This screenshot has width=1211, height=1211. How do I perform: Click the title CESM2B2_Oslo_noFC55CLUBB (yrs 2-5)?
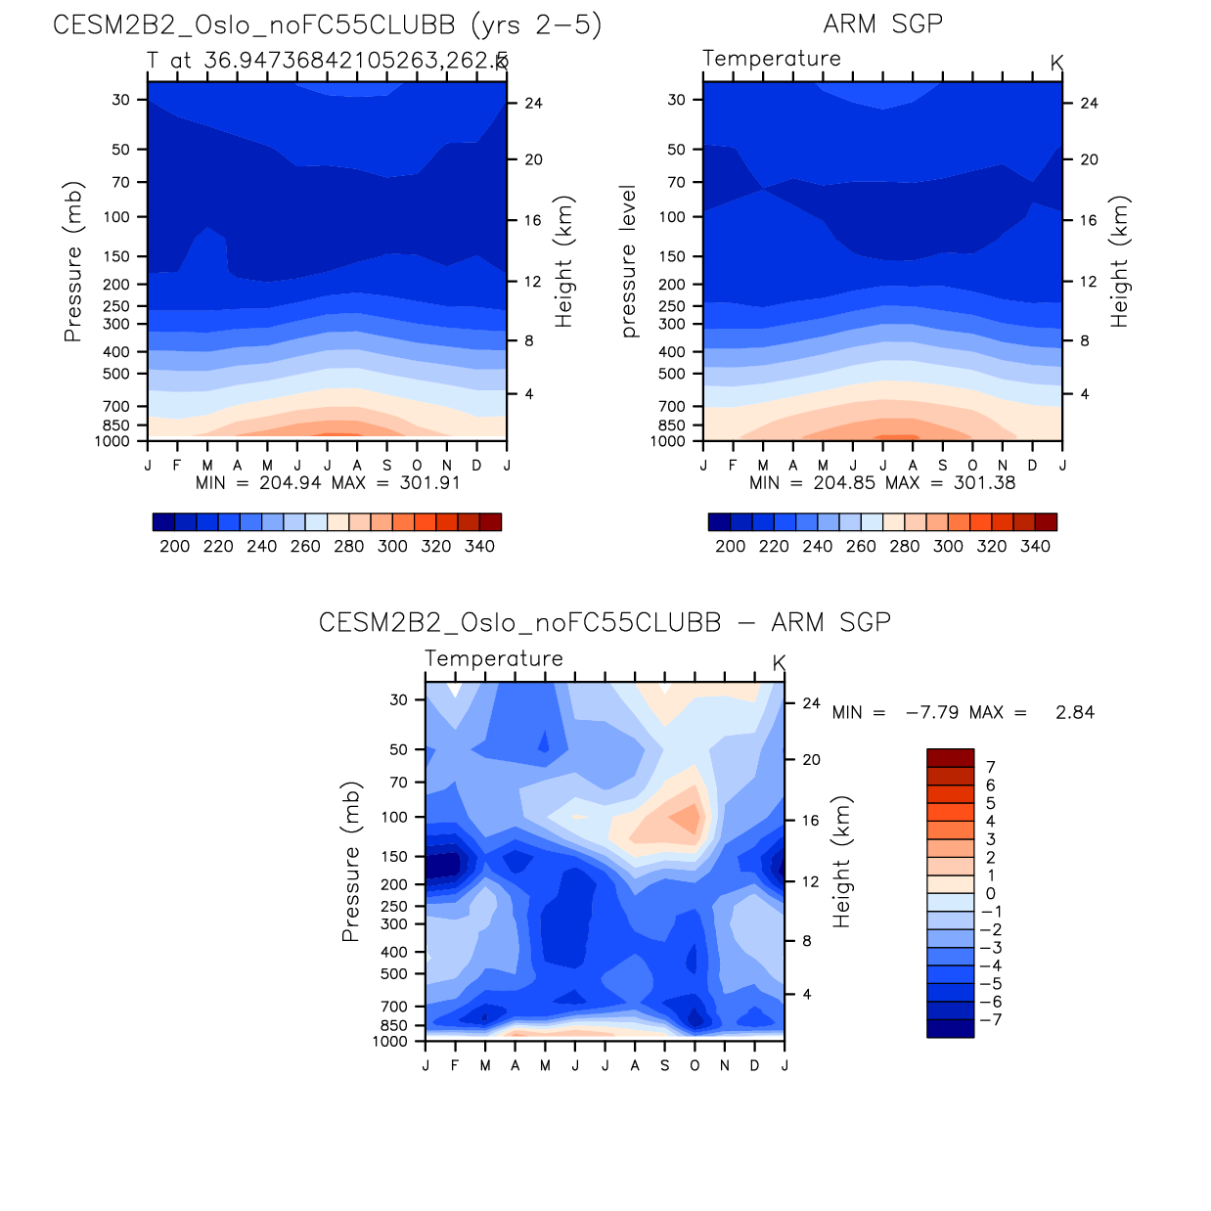tap(327, 24)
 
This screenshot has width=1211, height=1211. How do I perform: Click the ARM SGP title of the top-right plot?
tap(882, 24)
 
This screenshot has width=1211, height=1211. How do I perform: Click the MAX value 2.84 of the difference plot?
tap(1074, 712)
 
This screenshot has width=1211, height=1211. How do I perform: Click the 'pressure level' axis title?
tap(628, 261)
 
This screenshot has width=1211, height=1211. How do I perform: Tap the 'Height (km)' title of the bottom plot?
tap(841, 861)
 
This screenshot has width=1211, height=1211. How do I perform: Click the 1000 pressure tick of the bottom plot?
tap(389, 1041)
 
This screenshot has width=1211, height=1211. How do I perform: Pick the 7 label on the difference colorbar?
tap(990, 767)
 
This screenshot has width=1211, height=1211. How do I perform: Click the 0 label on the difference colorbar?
tap(990, 893)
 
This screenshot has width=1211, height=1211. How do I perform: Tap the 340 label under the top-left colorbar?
tap(479, 546)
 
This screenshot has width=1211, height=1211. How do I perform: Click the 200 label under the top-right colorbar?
tap(730, 546)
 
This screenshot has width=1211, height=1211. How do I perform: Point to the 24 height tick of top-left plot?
tap(532, 103)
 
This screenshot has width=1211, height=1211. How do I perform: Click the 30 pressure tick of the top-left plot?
tap(120, 100)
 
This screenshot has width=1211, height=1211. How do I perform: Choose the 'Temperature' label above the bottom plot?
tap(494, 658)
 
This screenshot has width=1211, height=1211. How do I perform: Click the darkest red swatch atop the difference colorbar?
tap(950, 758)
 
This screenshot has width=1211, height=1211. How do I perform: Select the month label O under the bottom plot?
tap(695, 1065)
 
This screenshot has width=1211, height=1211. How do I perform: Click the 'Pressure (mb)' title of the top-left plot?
tap(72, 261)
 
